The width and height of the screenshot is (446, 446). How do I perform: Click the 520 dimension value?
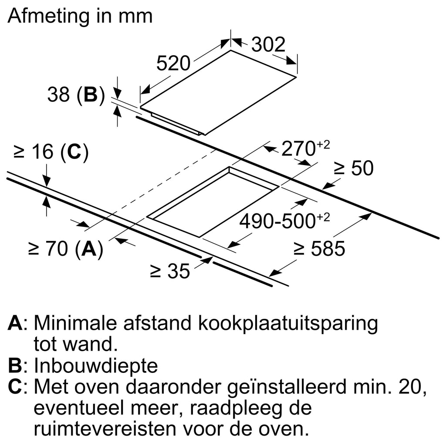(x=173, y=64)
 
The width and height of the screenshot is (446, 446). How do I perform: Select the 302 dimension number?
(x=268, y=44)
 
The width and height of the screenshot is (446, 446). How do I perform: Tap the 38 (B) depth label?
(x=76, y=95)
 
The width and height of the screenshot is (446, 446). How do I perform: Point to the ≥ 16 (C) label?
(x=51, y=152)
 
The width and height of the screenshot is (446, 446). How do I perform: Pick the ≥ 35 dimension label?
(x=170, y=271)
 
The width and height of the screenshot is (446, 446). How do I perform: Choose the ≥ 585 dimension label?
(x=319, y=249)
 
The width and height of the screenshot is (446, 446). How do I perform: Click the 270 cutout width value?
(x=299, y=149)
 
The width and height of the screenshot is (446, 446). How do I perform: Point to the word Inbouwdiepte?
(x=95, y=366)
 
